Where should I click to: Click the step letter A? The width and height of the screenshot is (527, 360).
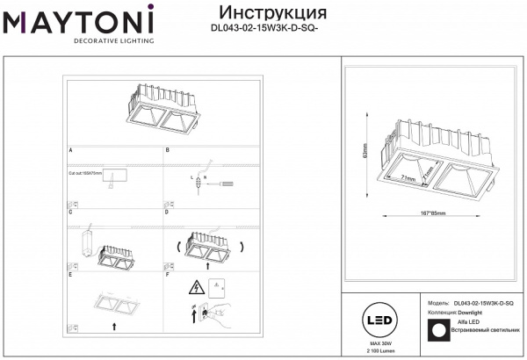tap(70, 151)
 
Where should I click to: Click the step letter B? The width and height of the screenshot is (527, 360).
tap(168, 151)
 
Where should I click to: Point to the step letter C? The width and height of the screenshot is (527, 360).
tap(70, 212)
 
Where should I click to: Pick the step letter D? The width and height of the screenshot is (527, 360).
tap(168, 212)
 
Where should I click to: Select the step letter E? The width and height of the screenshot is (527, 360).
tap(70, 275)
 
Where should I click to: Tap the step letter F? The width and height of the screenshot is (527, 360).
tap(168, 275)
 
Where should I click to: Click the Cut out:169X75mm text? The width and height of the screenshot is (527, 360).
tap(86, 174)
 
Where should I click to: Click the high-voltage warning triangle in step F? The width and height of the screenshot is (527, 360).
tap(197, 287)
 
